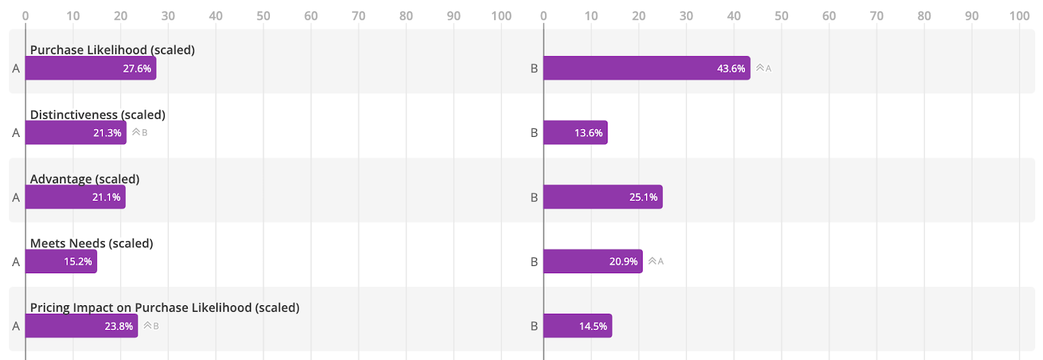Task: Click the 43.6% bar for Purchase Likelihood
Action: click(x=646, y=68)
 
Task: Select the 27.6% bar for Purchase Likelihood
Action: click(x=91, y=68)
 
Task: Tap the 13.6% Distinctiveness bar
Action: click(x=575, y=133)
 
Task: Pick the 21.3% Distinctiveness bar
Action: click(x=76, y=133)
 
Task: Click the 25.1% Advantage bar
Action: click(x=602, y=197)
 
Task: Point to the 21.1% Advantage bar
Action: click(x=75, y=197)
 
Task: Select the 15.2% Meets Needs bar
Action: click(x=61, y=262)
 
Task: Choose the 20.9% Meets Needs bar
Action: click(x=593, y=262)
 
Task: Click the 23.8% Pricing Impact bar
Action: click(x=81, y=326)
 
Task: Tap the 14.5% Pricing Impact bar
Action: click(x=578, y=326)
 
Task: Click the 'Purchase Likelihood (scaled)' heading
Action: click(x=112, y=50)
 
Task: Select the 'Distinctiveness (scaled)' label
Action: click(x=98, y=115)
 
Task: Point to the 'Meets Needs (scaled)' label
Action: click(x=91, y=243)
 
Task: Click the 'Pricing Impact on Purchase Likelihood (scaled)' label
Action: click(x=164, y=308)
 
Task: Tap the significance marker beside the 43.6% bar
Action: click(x=763, y=68)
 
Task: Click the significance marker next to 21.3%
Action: click(x=140, y=132)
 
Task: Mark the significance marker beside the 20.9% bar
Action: click(x=656, y=262)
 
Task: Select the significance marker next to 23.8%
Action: click(x=151, y=326)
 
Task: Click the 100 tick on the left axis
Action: click(x=501, y=16)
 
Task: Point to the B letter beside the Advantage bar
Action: click(x=534, y=198)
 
